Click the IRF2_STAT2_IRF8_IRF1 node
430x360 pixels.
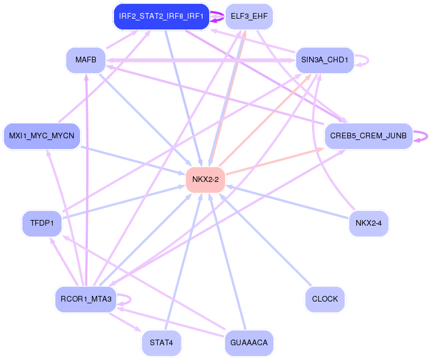tap(162, 16)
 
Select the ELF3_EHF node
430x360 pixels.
tap(249, 16)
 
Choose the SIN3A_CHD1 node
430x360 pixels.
tap(324, 60)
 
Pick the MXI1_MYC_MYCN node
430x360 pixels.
tap(42, 136)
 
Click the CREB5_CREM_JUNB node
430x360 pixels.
tap(368, 136)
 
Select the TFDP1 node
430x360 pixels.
tap(42, 223)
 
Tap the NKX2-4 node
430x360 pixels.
tap(368, 223)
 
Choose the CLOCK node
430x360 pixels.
tap(324, 299)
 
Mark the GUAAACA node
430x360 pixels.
tap(249, 343)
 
